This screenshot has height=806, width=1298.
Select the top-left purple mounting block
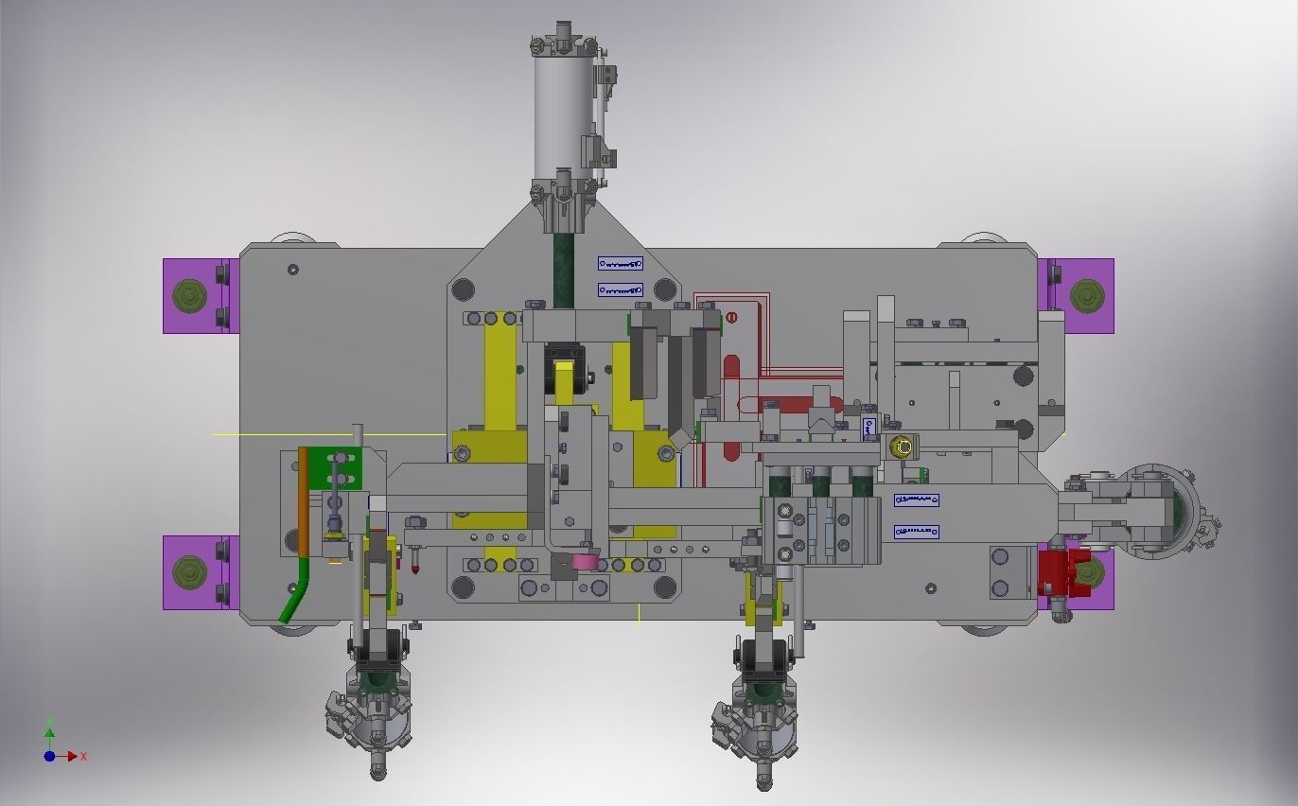coord(197,296)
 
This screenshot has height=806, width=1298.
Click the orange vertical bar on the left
coord(303,501)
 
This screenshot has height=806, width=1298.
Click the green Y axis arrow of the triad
coord(49,732)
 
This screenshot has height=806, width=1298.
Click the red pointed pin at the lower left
coord(415,569)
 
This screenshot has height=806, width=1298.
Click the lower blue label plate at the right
coord(916,533)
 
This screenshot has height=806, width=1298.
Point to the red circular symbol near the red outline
coord(730,318)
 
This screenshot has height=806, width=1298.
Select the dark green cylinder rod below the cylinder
coord(564,270)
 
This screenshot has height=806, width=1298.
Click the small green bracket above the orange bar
coord(346,466)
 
